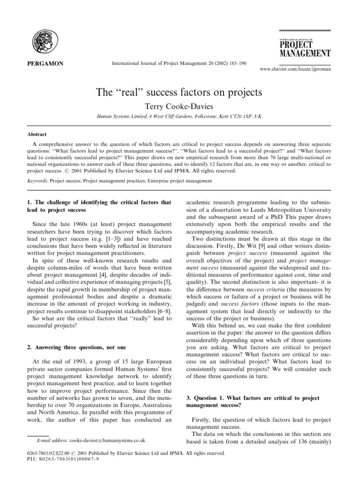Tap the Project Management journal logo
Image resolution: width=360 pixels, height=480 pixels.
[305, 45]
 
